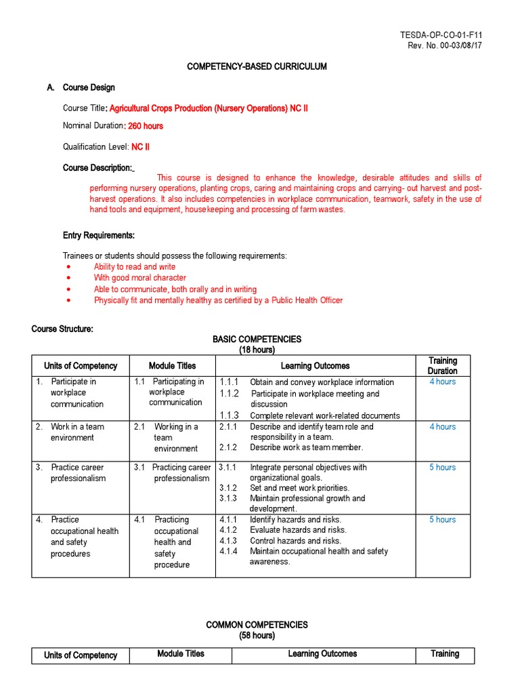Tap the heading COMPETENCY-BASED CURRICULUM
coord(257,66)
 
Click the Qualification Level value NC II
coord(140,146)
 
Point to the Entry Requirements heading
coord(99,235)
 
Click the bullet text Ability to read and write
coord(135,267)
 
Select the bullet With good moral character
coord(140,278)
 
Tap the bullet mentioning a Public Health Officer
coord(218,300)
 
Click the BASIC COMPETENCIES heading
coord(257,339)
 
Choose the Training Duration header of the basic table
coord(442,366)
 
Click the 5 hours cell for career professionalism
coord(442,468)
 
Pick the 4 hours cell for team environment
coord(442,427)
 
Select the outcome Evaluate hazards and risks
coord(298,530)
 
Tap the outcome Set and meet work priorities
coord(299,488)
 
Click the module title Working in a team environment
coord(175,438)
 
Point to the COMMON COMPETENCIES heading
coord(257,625)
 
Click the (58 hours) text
coord(257,636)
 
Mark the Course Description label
coord(97,167)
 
